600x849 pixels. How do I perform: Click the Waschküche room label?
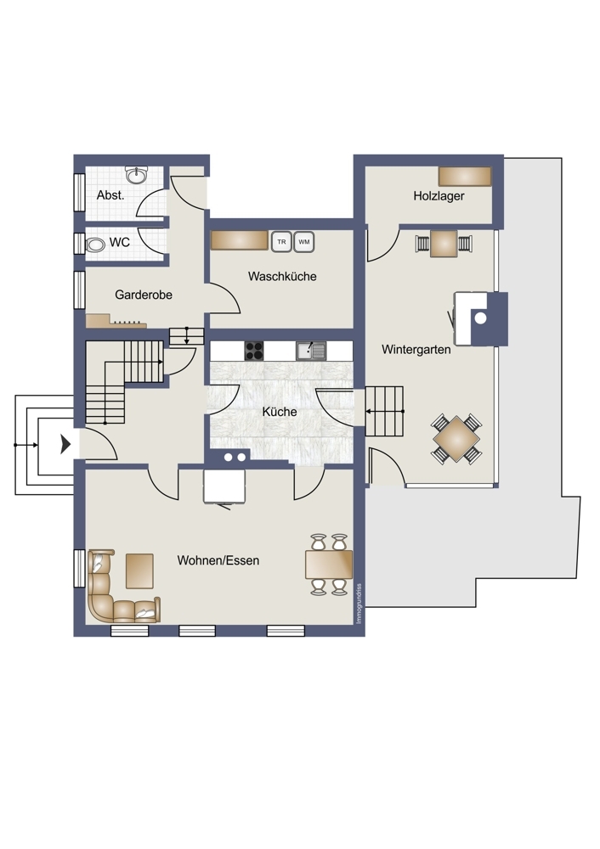coord(282,276)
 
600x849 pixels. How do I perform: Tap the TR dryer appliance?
coord(280,241)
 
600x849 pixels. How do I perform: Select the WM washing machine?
coord(304,241)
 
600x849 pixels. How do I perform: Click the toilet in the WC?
coord(95,244)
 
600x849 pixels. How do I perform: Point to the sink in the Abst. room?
coord(135,176)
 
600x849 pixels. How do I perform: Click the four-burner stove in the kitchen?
coord(254,350)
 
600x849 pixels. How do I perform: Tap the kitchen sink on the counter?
coord(310,350)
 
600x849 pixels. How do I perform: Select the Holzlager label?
coord(439,196)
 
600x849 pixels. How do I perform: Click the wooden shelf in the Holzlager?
coord(465,176)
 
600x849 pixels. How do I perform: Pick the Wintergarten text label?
coord(416,349)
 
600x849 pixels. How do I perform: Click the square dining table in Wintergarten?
coord(456,438)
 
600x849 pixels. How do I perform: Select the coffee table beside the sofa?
coord(139,570)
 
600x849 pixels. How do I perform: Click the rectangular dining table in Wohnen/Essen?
coord(328,563)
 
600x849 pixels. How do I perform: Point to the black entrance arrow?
coord(65,444)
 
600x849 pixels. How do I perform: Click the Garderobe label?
coord(144,295)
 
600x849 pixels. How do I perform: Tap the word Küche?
coord(280,412)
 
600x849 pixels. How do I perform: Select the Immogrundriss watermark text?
coord(359,603)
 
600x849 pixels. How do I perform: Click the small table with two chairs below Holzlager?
coord(443,243)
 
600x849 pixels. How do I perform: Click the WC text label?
coord(120,242)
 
